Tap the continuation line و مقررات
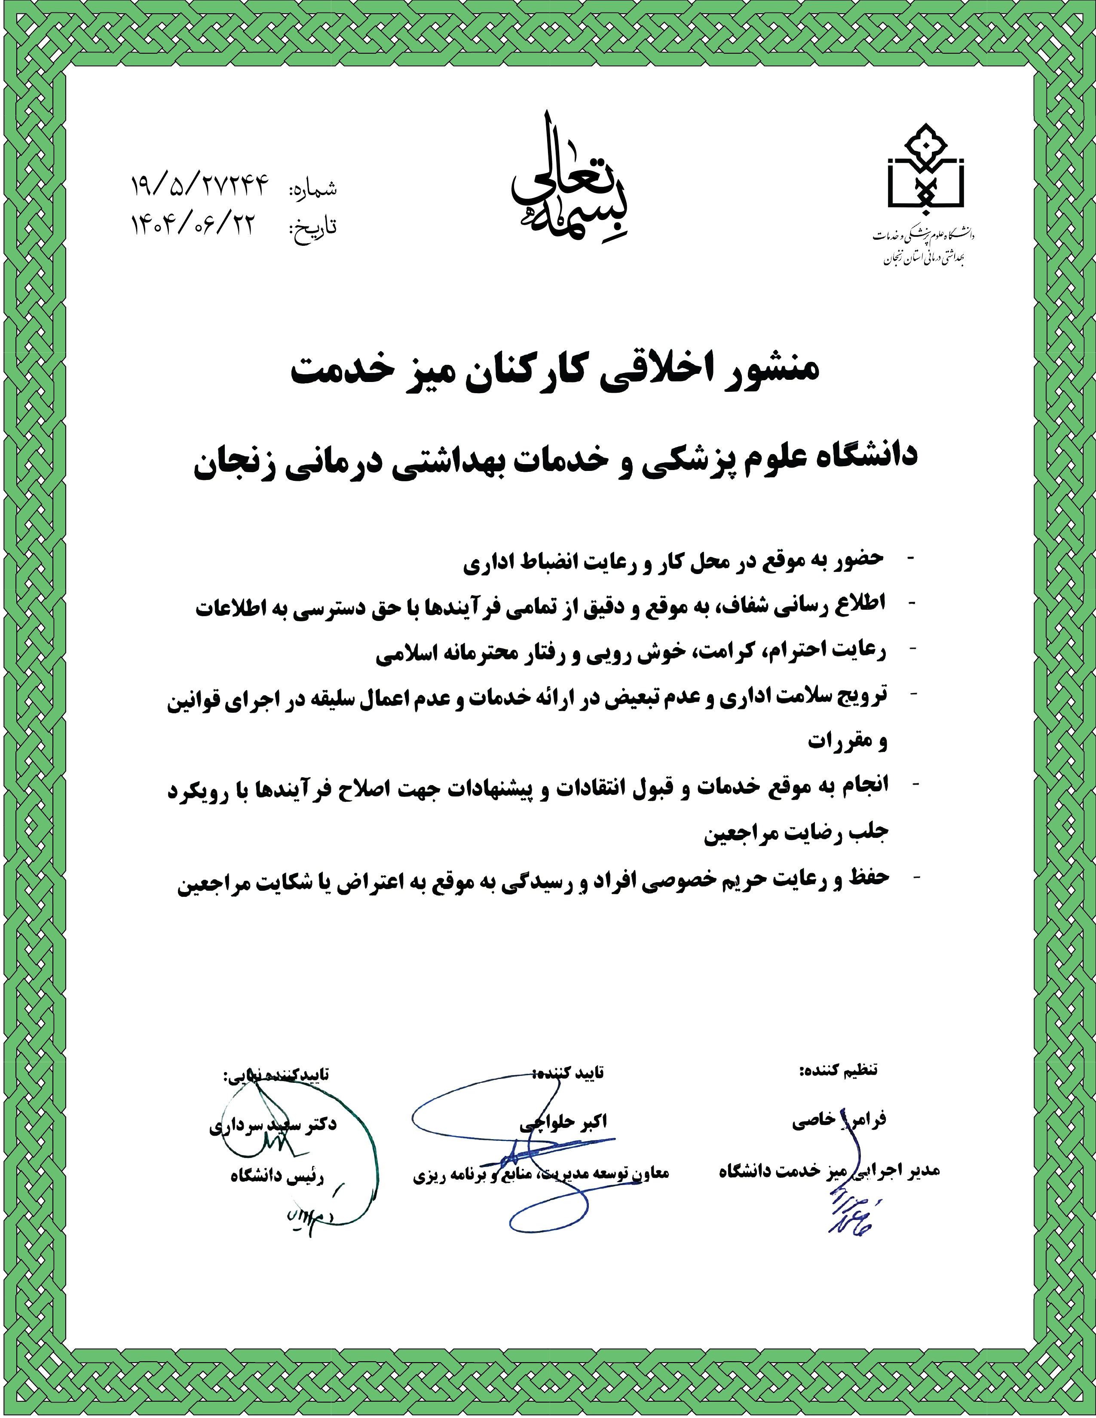[x=847, y=741]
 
